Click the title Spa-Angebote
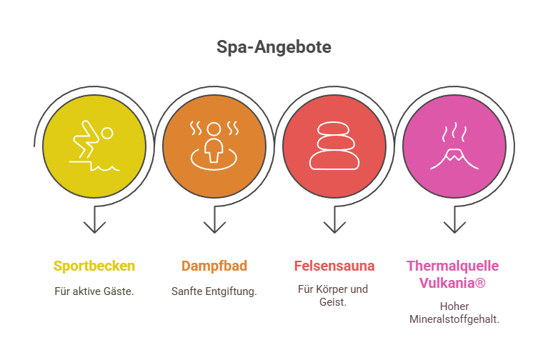click(274, 47)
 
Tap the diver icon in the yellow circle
click(94, 146)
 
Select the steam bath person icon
click(214, 146)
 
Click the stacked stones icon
click(334, 146)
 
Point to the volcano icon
click(454, 146)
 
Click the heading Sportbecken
click(94, 266)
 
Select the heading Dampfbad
click(214, 266)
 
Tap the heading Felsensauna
click(334, 266)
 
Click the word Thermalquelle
click(452, 266)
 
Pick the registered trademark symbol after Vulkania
click(481, 282)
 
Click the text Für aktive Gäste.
click(94, 291)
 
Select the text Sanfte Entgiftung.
click(214, 291)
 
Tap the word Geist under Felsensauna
click(333, 301)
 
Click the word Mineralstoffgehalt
click(454, 319)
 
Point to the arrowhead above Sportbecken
click(94, 227)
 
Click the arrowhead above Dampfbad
click(214, 227)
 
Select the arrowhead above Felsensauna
click(334, 227)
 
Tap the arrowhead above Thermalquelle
click(454, 227)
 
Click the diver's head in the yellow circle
click(106, 133)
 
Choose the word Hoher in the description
click(454, 306)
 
